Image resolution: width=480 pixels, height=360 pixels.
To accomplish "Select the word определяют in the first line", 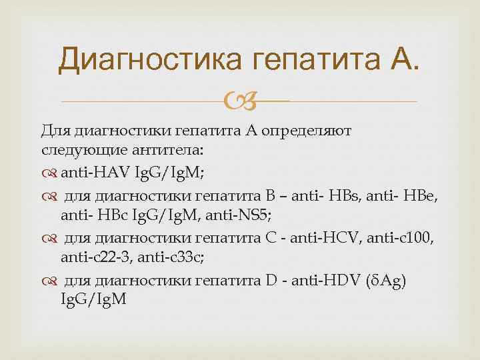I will (x=311, y=130).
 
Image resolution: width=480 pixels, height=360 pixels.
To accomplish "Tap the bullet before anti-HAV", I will (x=51, y=173).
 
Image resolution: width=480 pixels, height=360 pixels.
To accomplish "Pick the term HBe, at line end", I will (x=422, y=195).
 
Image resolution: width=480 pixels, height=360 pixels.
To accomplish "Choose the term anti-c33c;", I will (x=173, y=259).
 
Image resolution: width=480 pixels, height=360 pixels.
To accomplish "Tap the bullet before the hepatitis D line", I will (x=51, y=281).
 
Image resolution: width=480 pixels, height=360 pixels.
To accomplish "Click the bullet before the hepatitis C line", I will (x=51, y=239).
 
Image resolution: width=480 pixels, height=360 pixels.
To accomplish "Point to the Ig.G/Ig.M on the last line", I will (x=91, y=301).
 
